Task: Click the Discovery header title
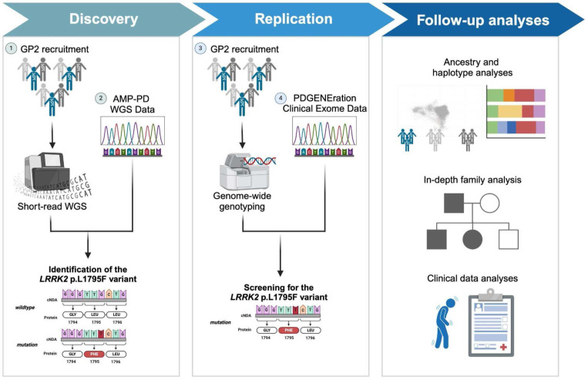(98, 18)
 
